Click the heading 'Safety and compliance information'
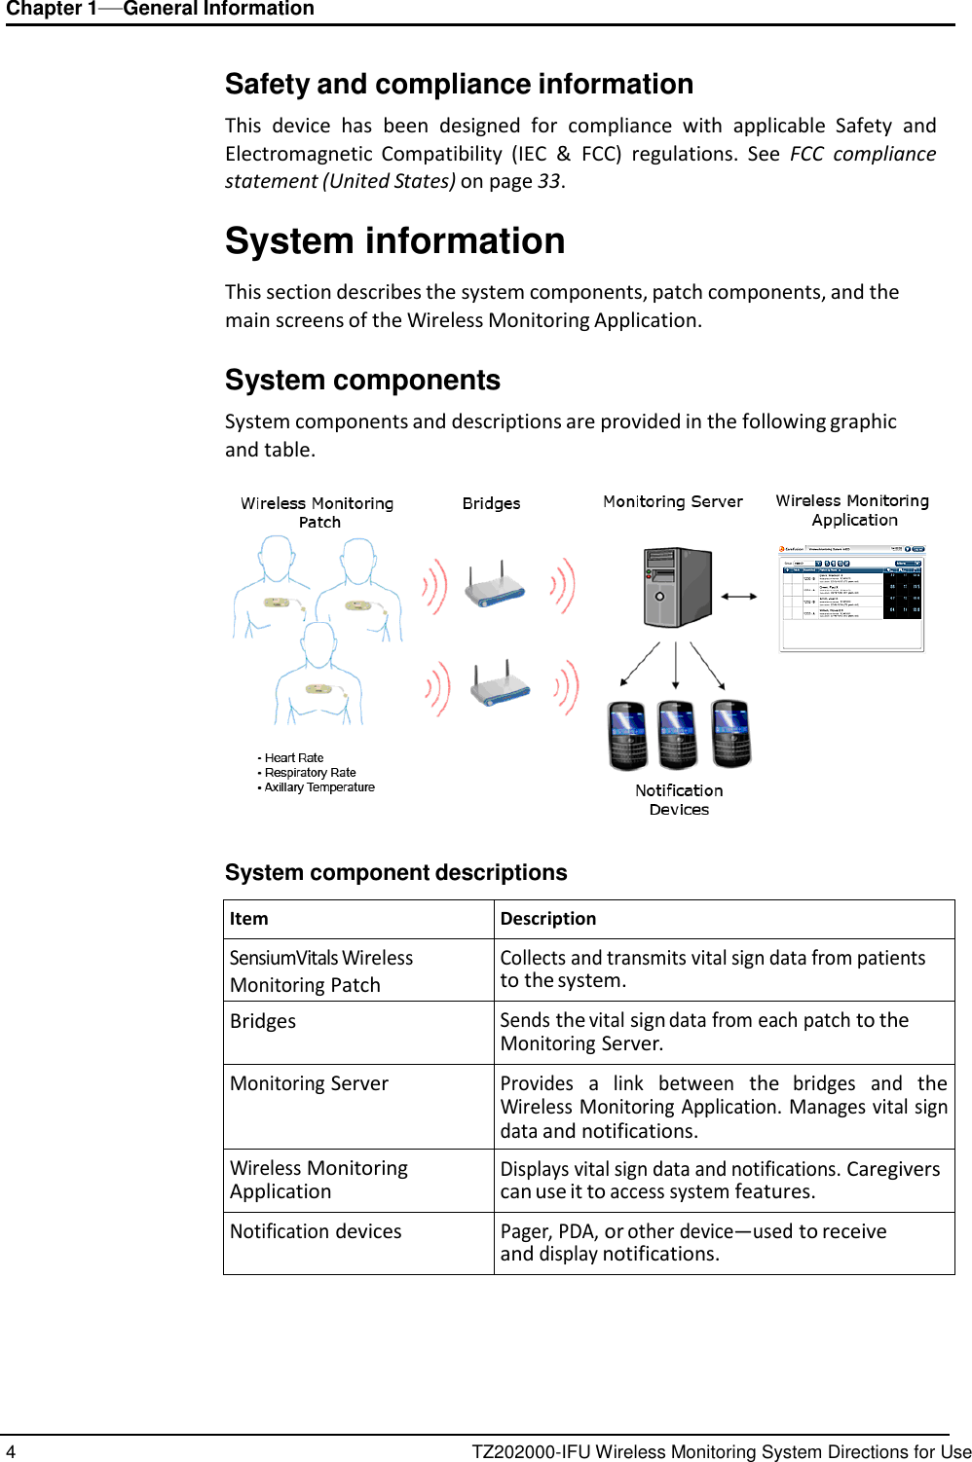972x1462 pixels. point(459,85)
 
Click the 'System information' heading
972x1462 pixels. point(394,241)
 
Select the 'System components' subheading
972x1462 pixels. point(362,380)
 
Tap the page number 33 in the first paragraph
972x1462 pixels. point(548,181)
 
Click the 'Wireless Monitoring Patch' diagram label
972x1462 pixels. point(318,512)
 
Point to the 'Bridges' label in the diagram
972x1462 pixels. point(491,503)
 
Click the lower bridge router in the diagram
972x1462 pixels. point(501,687)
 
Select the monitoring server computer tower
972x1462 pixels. point(677,587)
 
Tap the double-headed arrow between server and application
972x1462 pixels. point(739,596)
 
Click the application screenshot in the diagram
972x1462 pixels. point(851,598)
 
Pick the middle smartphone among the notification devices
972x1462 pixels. point(677,735)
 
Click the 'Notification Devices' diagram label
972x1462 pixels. point(679,800)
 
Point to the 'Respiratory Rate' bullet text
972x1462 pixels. point(310,773)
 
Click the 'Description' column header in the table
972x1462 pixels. point(548,919)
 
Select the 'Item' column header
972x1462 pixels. point(249,919)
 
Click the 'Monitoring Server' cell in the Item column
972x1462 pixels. point(309,1083)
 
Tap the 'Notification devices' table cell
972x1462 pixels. point(316,1231)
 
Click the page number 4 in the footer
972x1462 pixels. point(11,1451)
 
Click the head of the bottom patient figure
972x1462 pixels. point(318,642)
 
